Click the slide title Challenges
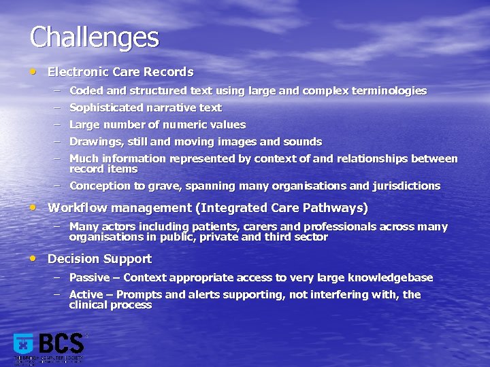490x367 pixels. (x=94, y=37)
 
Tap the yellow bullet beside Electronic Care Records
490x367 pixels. (x=34, y=71)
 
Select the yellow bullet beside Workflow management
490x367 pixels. (x=34, y=207)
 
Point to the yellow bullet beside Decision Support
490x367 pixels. (x=34, y=258)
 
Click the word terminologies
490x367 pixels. (x=389, y=90)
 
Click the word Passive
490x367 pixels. (x=88, y=277)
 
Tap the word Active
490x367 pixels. (x=86, y=294)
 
